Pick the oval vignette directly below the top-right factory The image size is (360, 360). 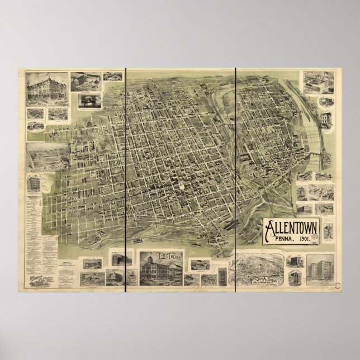click(x=326, y=102)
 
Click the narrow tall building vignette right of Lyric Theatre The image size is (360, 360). click(x=222, y=276)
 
